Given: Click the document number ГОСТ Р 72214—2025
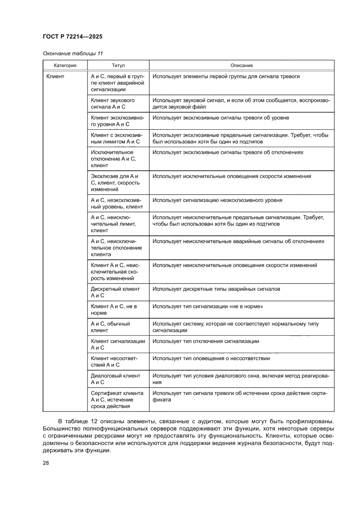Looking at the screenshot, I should pyautogui.click(x=73, y=37).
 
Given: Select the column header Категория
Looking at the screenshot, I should pyautogui.click(x=65, y=65).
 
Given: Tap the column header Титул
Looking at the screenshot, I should pyautogui.click(x=118, y=65).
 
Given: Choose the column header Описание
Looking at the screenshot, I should pyautogui.click(x=242, y=65).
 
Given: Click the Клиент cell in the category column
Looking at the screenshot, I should pyautogui.click(x=55, y=77).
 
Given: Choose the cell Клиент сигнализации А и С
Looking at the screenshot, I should pyautogui.click(x=118, y=344).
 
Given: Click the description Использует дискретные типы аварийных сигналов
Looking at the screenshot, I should pyautogui.click(x=216, y=289).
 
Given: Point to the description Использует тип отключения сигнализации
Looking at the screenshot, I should pyautogui.click(x=205, y=341).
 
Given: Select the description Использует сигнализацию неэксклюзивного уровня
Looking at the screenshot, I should pyautogui.click(x=217, y=200).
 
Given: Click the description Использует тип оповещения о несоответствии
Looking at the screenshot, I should pyautogui.click(x=211, y=358).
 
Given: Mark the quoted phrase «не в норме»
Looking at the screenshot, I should pyautogui.click(x=249, y=307).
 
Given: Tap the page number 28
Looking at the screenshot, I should pyautogui.click(x=46, y=463).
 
